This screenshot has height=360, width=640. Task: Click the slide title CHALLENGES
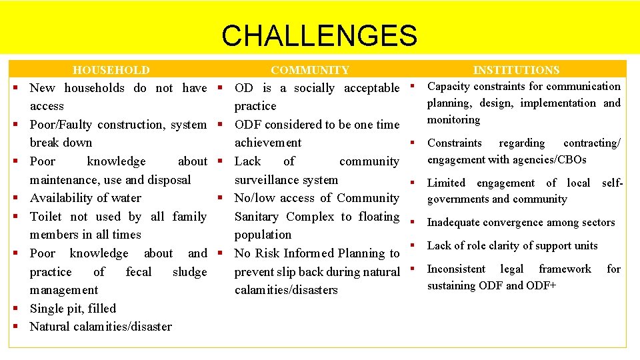pyautogui.click(x=319, y=35)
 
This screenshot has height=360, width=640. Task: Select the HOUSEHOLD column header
pyautogui.click(x=111, y=70)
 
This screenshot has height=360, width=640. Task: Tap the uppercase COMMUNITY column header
pyautogui.click(x=309, y=70)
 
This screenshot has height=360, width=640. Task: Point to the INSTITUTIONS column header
pyautogui.click(x=516, y=70)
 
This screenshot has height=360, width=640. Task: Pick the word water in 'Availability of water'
pyautogui.click(x=127, y=198)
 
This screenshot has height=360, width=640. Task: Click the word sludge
pyautogui.click(x=189, y=272)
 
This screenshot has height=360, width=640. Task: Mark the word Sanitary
pyautogui.click(x=261, y=217)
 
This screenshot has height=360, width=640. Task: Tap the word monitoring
pyautogui.click(x=453, y=120)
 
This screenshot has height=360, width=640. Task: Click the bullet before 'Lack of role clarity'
pyautogui.click(x=412, y=245)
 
